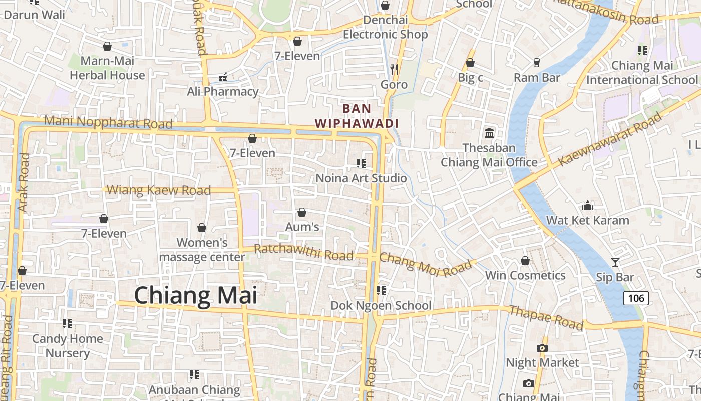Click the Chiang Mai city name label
196,295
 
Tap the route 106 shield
636,298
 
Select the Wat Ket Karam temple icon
588,206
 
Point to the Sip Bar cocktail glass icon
615,262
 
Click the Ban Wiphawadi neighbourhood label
357,116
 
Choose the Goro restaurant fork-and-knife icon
394,69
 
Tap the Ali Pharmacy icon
223,77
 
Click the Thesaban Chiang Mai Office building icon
489,133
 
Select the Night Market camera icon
542,348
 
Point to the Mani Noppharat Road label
108,122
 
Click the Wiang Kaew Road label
159,190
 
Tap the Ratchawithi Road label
303,252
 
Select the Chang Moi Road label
426,264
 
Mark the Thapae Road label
546,317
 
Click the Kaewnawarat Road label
610,140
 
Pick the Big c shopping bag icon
470,63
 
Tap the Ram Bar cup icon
537,63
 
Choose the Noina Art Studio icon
361,163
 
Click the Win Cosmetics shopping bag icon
525,261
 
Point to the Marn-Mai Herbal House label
107,68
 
